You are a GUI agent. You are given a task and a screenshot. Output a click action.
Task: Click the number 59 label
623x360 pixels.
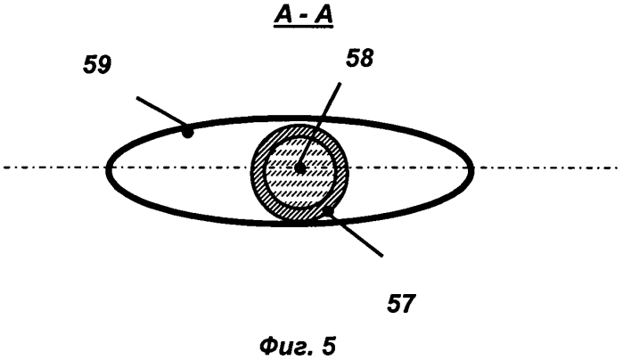pos(97,65)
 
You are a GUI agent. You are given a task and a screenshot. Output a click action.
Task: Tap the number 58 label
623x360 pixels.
pos(359,58)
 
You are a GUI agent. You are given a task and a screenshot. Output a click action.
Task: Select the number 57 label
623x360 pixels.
pos(401,304)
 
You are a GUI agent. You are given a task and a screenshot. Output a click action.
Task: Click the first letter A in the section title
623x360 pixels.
pos(284,17)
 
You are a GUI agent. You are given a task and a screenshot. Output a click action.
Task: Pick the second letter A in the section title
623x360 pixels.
pos(323,17)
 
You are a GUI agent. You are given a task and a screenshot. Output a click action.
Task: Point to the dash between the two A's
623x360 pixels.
pos(304,19)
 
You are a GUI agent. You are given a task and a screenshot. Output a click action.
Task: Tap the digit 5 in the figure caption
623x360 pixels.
pos(329,346)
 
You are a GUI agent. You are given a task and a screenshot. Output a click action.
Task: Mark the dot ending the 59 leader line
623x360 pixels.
pos(187,133)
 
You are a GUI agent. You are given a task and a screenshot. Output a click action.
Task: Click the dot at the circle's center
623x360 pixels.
pos(300,168)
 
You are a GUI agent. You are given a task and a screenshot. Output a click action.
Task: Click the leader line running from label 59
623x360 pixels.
pos(161,114)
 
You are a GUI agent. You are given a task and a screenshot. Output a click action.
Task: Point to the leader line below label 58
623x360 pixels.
pos(320,126)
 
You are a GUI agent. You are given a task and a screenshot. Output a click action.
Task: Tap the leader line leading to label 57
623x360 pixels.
pos(355,233)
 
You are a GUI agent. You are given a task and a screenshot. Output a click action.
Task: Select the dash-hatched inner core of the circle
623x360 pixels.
pos(300,187)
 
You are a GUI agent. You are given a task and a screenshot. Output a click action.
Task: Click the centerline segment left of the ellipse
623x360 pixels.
pos(54,168)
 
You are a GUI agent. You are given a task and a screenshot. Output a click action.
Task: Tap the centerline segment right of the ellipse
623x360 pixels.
pos(546,168)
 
